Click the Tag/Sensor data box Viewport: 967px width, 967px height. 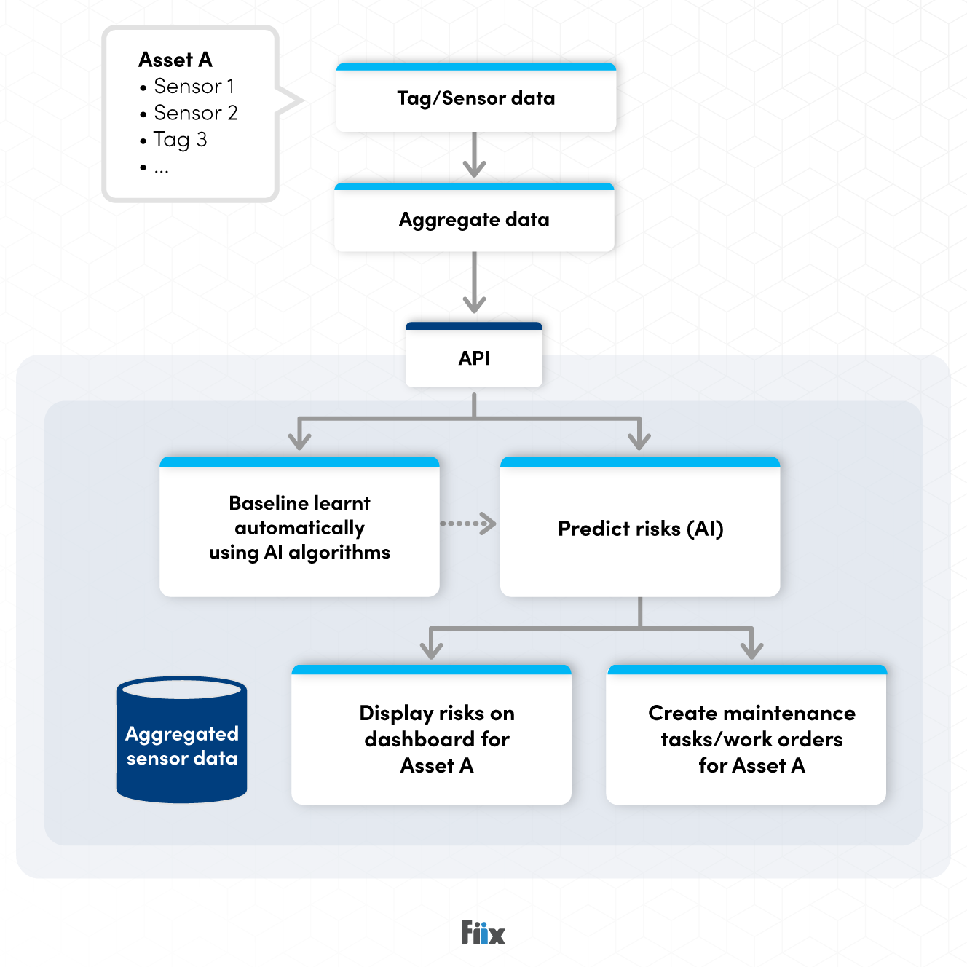tap(475, 98)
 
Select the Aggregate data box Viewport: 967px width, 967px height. tap(474, 219)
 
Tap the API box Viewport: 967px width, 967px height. tap(474, 358)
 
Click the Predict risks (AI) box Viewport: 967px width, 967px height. tap(640, 528)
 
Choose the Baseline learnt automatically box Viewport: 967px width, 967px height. tap(299, 528)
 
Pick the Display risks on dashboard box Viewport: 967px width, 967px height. tap(436, 738)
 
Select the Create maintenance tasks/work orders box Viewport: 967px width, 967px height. tap(751, 738)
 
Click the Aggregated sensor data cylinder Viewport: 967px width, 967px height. tap(181, 743)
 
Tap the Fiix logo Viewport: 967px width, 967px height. tap(483, 932)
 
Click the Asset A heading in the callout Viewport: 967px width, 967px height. tap(175, 60)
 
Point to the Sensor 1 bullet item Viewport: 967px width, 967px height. tap(194, 87)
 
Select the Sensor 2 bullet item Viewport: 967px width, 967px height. tap(195, 113)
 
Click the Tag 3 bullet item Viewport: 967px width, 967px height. tap(180, 140)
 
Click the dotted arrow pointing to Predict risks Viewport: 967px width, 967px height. tap(468, 524)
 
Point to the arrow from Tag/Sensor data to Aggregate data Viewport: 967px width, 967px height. tap(474, 155)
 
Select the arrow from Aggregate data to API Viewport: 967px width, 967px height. tap(474, 283)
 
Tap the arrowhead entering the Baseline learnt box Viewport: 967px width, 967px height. tap(299, 440)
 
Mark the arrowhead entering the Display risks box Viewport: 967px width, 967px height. tap(432, 648)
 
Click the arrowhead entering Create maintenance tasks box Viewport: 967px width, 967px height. tap(751, 648)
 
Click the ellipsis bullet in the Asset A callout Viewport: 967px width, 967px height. tap(161, 169)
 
